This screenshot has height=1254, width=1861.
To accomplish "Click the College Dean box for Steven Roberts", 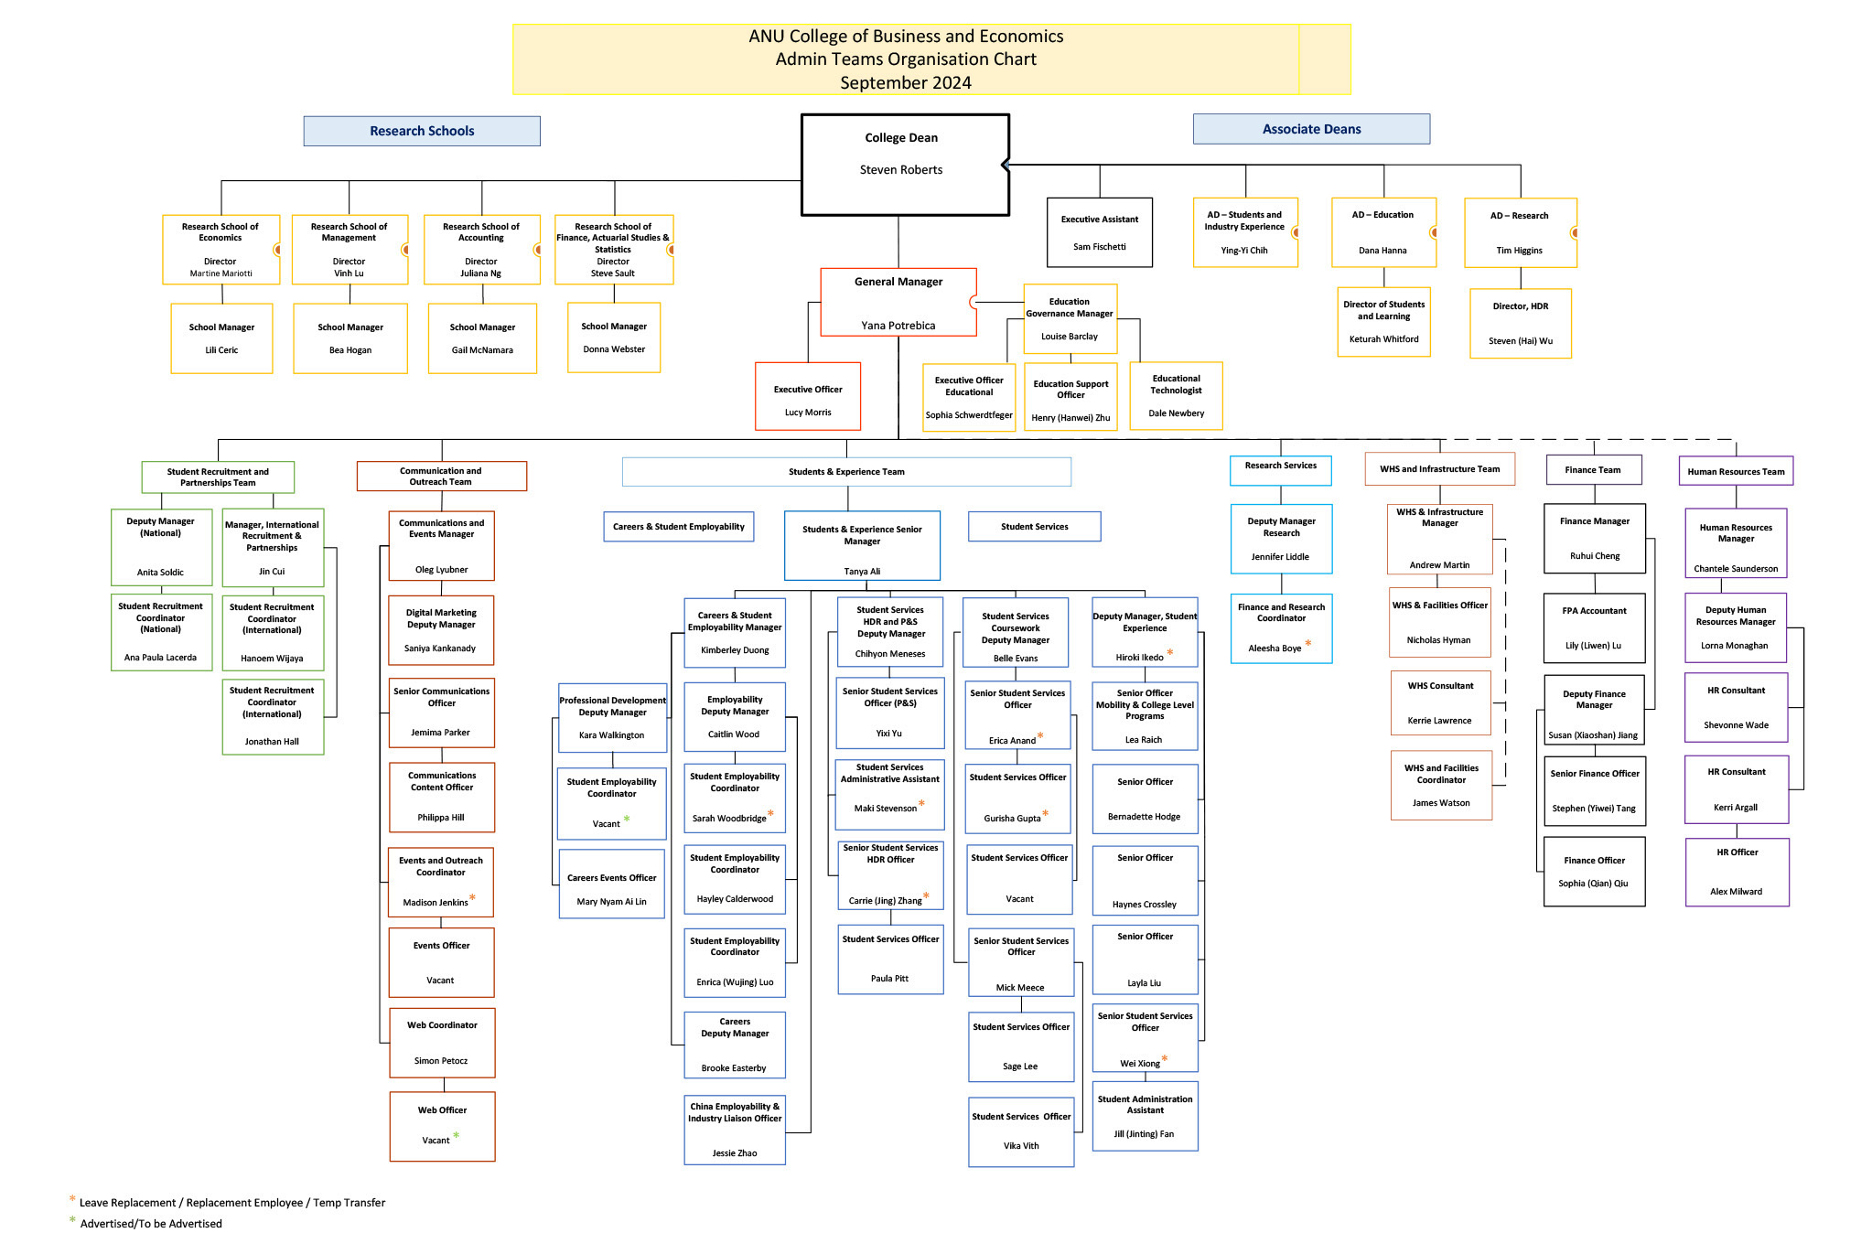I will (904, 165).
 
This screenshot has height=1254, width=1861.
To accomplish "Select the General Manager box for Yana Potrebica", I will (898, 302).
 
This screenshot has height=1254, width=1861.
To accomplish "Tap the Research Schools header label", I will (422, 131).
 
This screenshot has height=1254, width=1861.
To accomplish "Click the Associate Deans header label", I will (1311, 129).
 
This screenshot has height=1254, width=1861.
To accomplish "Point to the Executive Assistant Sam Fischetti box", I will (1099, 232).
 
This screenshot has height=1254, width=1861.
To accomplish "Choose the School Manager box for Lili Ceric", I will (221, 338).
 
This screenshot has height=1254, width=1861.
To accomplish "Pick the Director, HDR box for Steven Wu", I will (1520, 323).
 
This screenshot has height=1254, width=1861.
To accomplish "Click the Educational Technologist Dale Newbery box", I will (1176, 395).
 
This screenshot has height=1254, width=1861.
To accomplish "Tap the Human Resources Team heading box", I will (1736, 472).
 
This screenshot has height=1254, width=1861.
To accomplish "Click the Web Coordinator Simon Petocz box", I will (442, 1043).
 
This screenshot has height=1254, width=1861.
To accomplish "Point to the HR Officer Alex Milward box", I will (1737, 872).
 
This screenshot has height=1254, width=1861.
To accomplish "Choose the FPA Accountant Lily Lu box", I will (1594, 627).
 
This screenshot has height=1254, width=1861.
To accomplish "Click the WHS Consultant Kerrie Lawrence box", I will (1440, 702).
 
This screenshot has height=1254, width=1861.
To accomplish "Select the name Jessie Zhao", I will (735, 1153).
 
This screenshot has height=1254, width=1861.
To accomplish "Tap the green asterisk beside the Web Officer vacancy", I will (456, 1136).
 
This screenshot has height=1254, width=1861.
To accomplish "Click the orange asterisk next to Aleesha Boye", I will (1308, 644).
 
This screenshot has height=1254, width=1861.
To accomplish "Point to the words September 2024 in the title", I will (906, 83).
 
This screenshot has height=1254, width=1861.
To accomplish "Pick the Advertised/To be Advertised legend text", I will (151, 1224).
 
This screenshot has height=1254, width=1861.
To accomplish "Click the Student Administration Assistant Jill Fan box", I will (1145, 1116).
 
